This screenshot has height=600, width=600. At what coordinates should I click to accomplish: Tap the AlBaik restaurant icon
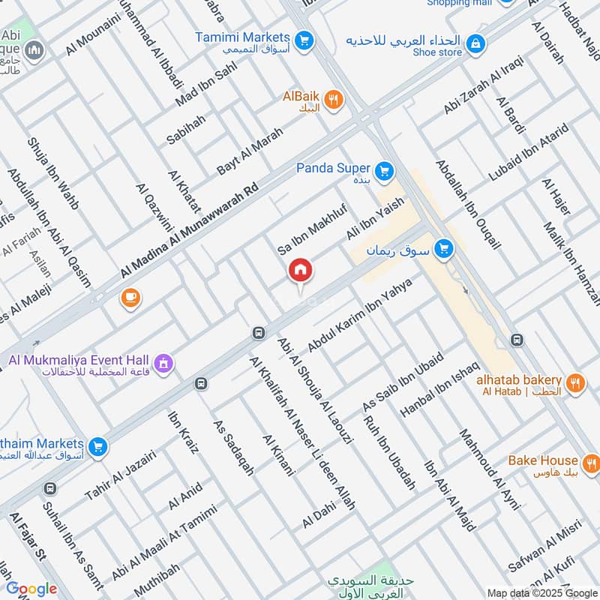(334, 98)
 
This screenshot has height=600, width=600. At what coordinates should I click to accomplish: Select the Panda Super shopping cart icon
(385, 172)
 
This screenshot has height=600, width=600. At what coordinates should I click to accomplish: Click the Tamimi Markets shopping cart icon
(304, 39)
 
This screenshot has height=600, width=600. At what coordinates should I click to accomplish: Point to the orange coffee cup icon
(130, 298)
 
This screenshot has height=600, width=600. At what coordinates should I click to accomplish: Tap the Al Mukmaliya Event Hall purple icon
(165, 365)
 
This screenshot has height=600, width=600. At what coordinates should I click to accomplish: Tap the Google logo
(31, 589)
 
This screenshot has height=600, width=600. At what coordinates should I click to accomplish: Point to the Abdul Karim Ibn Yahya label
(361, 314)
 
